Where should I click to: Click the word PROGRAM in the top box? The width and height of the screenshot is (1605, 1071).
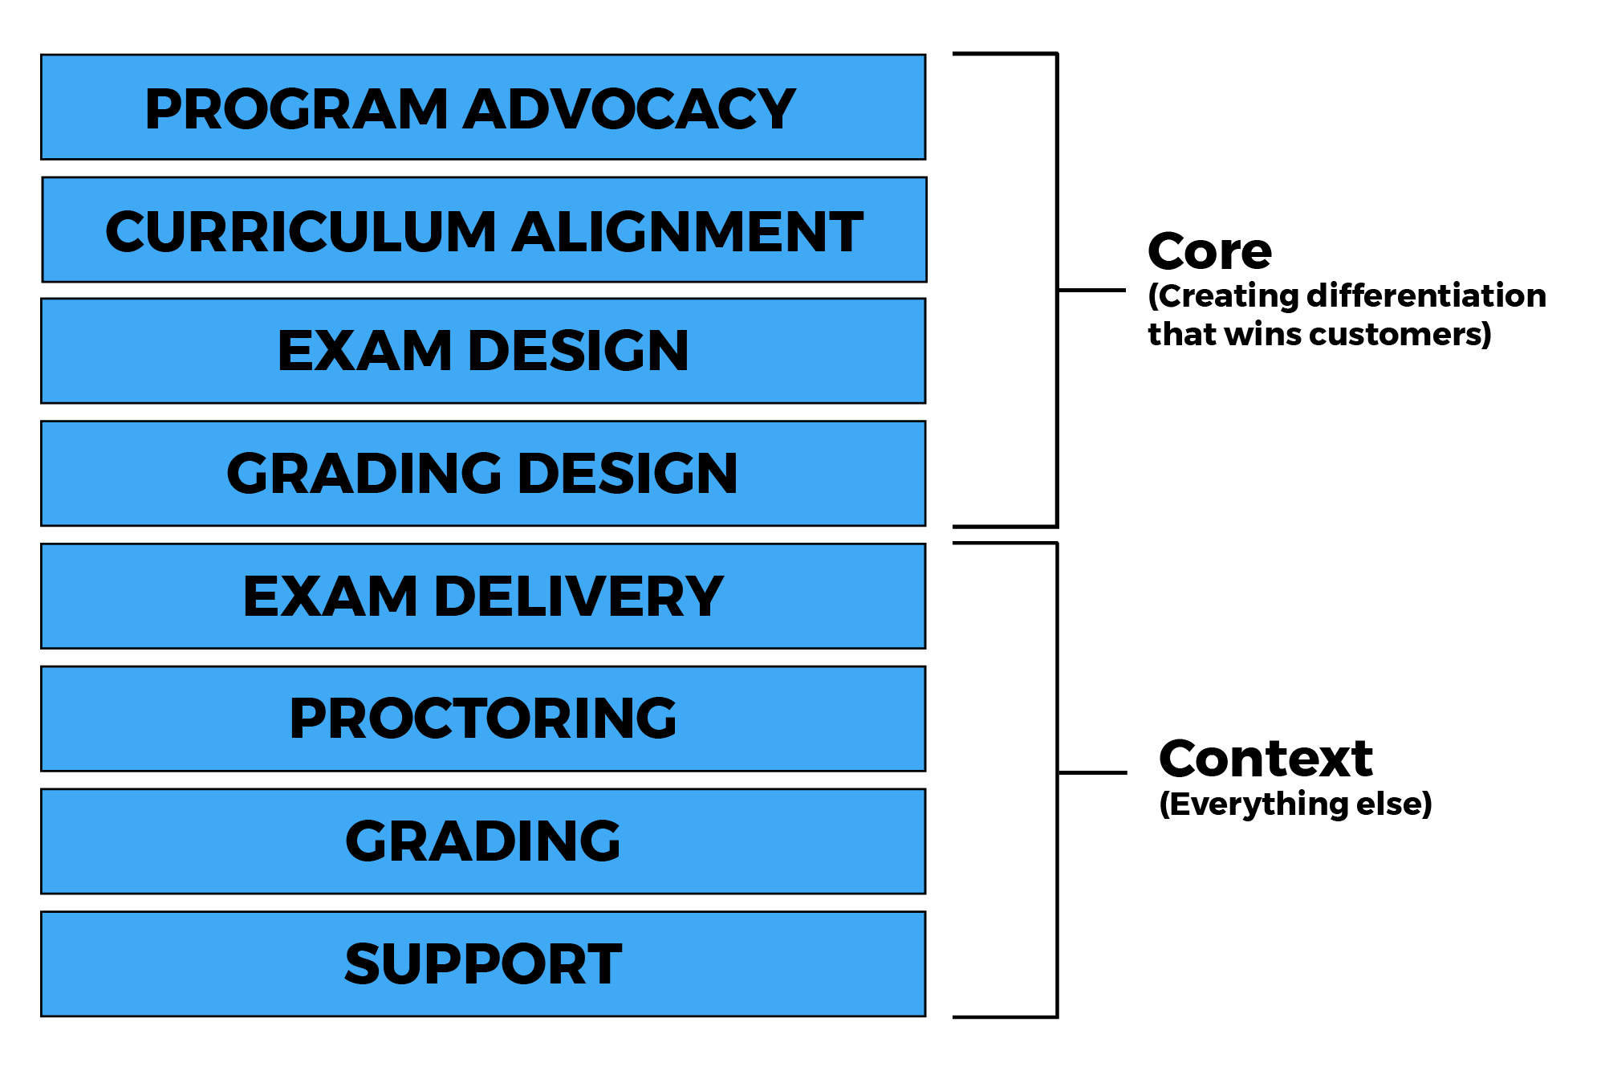point(295,109)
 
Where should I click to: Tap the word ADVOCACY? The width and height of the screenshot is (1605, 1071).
point(629,109)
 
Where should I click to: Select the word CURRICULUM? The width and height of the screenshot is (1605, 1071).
point(301,232)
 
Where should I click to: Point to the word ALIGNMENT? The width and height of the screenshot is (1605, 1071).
point(688,232)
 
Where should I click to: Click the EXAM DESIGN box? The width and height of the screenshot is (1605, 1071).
point(483,351)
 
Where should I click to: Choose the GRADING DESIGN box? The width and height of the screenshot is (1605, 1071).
point(483,474)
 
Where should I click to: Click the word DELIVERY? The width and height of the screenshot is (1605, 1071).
point(579,597)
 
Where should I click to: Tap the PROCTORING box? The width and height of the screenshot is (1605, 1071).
point(483,719)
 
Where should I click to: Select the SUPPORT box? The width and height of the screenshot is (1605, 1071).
point(483,963)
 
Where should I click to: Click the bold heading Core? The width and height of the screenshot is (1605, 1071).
point(1209,251)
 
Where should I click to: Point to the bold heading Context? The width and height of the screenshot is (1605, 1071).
point(1266,759)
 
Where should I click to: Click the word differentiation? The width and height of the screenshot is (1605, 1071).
point(1426,295)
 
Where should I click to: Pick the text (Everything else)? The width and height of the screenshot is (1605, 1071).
point(1295,804)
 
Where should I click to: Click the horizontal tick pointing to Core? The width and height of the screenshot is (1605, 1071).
point(1091,290)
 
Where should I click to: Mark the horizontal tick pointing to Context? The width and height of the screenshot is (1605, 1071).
point(1092,772)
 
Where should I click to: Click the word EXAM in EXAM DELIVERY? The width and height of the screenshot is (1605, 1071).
point(329,597)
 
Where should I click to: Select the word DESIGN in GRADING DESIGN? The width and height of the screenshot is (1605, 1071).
point(628,474)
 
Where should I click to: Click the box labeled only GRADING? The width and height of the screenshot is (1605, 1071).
point(483,841)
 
